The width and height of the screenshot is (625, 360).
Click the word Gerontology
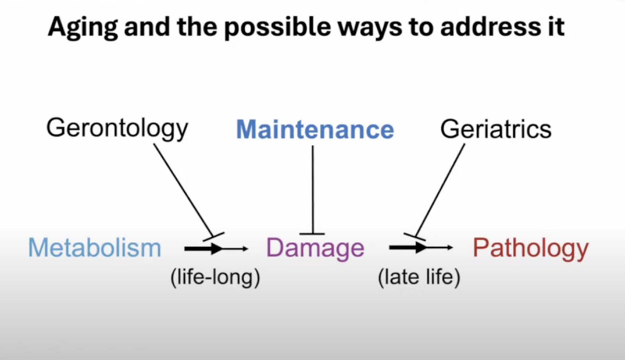point(117,129)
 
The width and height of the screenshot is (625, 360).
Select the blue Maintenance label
point(315,129)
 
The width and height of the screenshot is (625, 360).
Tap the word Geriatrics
point(496,129)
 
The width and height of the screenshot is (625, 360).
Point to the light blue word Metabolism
point(95,248)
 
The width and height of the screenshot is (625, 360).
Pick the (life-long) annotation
point(215,277)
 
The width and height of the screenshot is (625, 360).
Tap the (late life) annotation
point(419,277)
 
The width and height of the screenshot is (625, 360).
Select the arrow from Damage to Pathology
point(421,247)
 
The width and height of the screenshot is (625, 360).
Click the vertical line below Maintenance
point(313,189)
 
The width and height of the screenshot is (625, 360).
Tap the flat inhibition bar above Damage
point(312,233)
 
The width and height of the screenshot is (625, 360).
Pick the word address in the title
point(491,27)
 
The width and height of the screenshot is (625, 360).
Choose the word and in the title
point(147,27)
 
